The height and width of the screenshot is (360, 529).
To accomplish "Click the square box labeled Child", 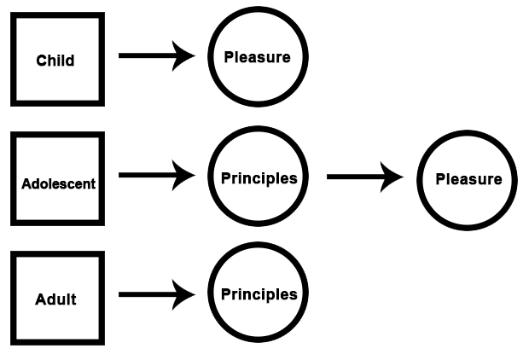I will coord(57,60).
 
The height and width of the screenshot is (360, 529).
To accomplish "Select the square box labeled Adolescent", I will coord(57,179).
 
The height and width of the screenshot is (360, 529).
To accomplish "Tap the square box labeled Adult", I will coord(57,299).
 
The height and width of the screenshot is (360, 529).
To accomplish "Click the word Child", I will coord(55,61).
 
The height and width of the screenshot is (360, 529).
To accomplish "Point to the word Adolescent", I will coord(59,183).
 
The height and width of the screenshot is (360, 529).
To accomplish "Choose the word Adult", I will coord(55,299).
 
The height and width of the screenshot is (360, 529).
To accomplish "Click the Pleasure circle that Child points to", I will coord(257,58).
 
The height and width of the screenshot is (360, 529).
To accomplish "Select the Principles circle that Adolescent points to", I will coord(259,178).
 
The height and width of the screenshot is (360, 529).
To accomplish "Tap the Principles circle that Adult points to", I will coord(259,294).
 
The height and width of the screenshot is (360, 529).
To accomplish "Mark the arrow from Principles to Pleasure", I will coord(364,177).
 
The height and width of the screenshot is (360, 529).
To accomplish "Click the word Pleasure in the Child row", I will coord(257,58).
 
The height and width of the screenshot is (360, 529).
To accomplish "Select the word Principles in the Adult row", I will coord(259,294).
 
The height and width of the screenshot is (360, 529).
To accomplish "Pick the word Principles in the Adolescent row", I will coord(259,179).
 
